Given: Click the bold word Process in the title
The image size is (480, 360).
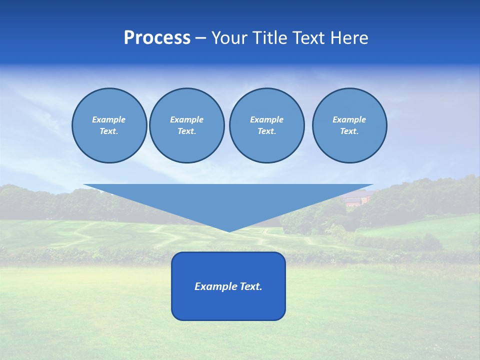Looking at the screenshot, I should pyautogui.click(x=157, y=38).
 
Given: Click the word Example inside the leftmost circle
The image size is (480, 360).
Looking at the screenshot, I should pyautogui.click(x=109, y=119).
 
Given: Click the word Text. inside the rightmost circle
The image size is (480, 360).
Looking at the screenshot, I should pyautogui.click(x=349, y=131).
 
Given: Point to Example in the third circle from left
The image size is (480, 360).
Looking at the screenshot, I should pyautogui.click(x=266, y=119).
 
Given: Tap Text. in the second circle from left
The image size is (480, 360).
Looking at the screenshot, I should pyautogui.click(x=187, y=131).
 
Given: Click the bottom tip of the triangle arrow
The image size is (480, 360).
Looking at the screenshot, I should pyautogui.click(x=229, y=230).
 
